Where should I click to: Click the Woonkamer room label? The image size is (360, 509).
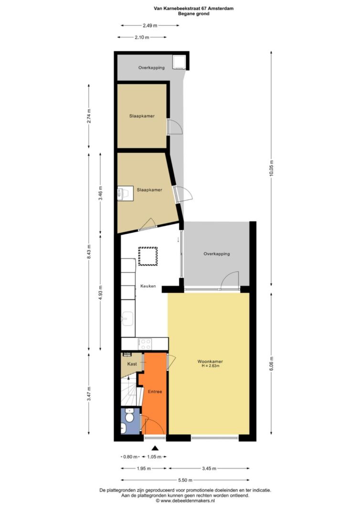[x=211, y=361]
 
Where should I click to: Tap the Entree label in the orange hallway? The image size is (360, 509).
[x=155, y=392]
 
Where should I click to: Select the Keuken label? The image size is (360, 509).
[x=148, y=286]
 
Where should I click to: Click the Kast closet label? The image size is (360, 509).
[x=132, y=364]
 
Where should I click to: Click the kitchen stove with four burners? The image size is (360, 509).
[x=145, y=343]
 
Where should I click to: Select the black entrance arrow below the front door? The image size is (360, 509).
[x=155, y=448]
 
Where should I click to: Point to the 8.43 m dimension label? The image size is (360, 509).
[x=89, y=258]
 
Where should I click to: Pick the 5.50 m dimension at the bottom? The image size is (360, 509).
[x=186, y=480]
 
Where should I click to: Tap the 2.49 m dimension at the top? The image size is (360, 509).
[x=149, y=25]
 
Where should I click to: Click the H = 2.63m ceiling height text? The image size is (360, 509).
[x=211, y=366]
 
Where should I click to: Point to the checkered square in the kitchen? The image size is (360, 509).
[x=148, y=256]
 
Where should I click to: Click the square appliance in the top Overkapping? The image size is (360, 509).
[x=180, y=62]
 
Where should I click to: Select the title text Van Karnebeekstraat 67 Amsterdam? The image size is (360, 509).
[x=180, y=8]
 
